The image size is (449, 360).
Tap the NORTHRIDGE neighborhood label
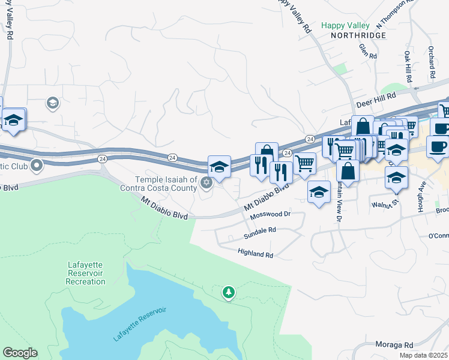pos(358,36)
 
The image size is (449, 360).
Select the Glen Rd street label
pos(367,51)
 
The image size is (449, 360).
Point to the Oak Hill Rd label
pos(408,66)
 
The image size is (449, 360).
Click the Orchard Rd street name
pos(431,62)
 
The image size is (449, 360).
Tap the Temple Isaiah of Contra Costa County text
pos(166,184)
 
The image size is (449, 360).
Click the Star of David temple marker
pos(206,183)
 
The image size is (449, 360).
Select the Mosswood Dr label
pos(270,214)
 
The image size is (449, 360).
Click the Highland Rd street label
pos(255,254)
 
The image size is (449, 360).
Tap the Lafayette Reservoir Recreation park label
pos(86,273)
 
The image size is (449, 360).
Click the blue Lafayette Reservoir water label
pos(139,324)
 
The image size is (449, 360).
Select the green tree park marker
pos(228,292)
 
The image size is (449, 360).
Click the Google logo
pos(20,353)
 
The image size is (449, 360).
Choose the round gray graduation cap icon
pos(52,104)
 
